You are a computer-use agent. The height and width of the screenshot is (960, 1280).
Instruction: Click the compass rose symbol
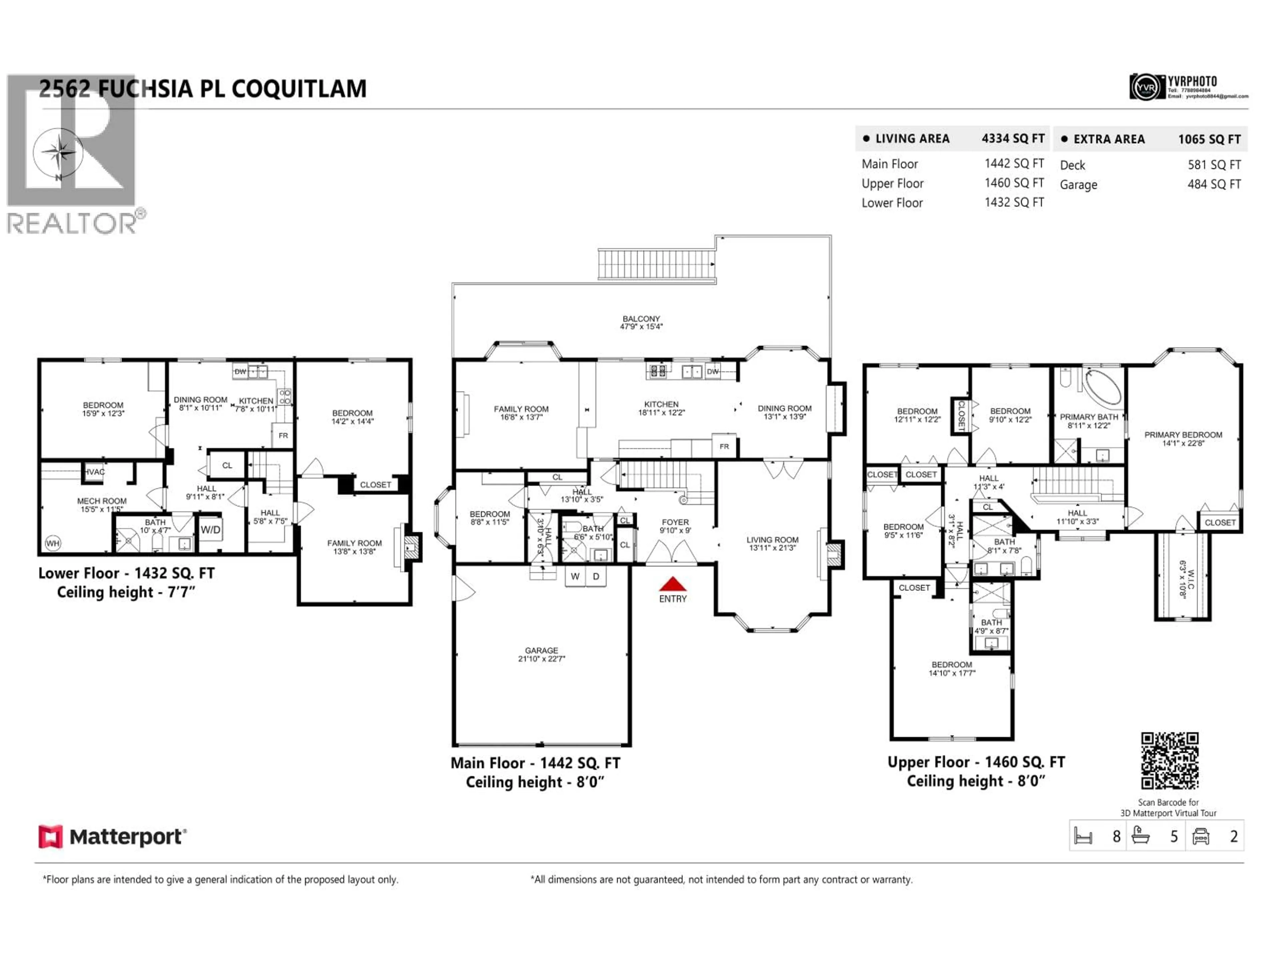tap(58, 153)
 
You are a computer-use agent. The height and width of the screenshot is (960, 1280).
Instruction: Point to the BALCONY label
tap(641, 319)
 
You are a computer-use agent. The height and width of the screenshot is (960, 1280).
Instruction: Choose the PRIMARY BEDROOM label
tap(1183, 435)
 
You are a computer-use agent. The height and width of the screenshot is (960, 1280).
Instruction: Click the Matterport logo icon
tap(50, 837)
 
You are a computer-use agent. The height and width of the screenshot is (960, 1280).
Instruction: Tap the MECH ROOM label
tap(102, 501)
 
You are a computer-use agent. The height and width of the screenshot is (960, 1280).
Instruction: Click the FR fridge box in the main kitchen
tap(724, 446)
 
